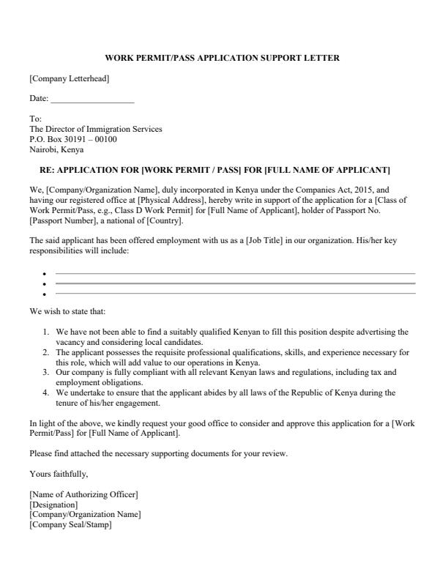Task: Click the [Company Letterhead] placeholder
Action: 70,78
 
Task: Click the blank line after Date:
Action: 92,98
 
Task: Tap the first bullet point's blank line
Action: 234,273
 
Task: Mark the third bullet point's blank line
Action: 234,293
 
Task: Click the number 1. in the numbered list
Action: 48,332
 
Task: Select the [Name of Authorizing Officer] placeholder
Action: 83,495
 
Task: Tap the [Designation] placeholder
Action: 53,505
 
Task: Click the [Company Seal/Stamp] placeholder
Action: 70,524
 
